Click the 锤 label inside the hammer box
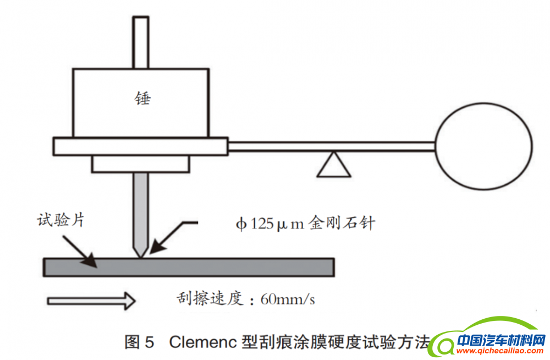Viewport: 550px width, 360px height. pos(142,99)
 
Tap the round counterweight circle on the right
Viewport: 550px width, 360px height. pos(483,146)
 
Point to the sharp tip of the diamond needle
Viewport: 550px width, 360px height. pos(141,256)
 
